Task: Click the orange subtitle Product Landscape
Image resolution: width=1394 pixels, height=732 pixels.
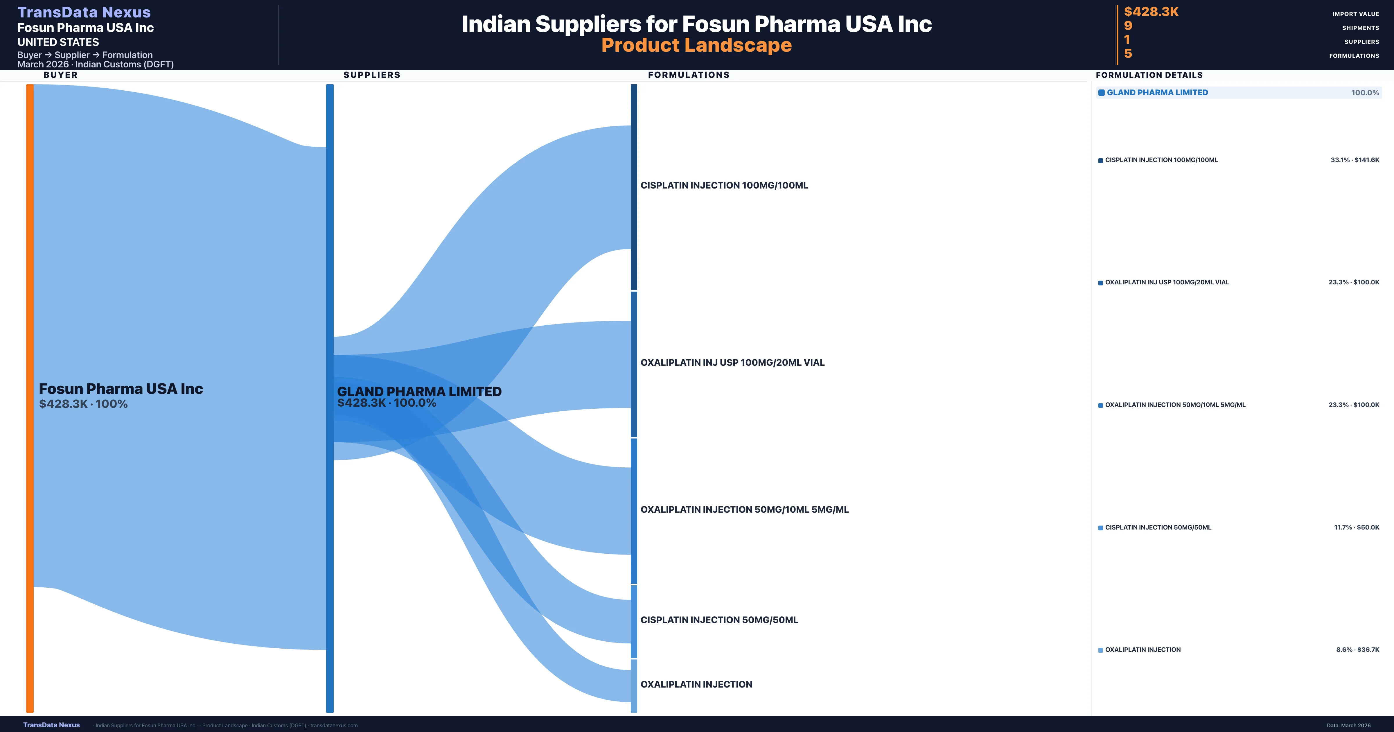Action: pyautogui.click(x=696, y=45)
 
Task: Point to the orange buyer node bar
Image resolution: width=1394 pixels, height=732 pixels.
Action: pyautogui.click(x=30, y=398)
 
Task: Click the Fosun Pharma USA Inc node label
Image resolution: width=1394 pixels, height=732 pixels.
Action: pyautogui.click(x=121, y=389)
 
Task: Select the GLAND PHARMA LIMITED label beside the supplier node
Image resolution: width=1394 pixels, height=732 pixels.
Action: pyautogui.click(x=419, y=392)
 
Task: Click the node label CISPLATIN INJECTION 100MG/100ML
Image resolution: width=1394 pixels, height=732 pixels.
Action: pyautogui.click(x=724, y=185)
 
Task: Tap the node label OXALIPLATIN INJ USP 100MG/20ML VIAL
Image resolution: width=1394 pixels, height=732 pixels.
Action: pyautogui.click(x=732, y=363)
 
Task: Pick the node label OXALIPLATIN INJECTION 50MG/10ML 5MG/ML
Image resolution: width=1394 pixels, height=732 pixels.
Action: pyautogui.click(x=745, y=509)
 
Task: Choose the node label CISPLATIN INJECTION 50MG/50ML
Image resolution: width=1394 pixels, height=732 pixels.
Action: pyautogui.click(x=719, y=620)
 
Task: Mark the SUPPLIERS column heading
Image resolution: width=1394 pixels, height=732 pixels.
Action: pyautogui.click(x=372, y=75)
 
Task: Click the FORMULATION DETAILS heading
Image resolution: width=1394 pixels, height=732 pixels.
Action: pyautogui.click(x=1149, y=75)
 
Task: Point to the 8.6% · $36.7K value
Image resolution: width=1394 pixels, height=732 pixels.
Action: pyautogui.click(x=1358, y=650)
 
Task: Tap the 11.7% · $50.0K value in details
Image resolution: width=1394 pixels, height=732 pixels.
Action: pyautogui.click(x=1357, y=527)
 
